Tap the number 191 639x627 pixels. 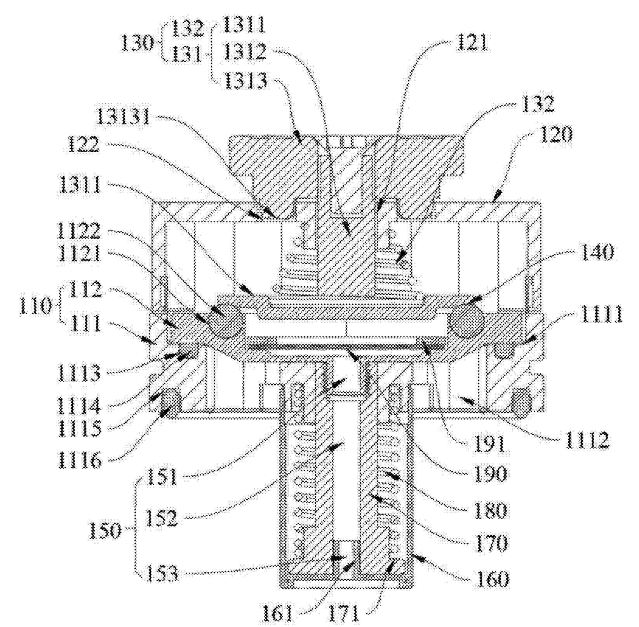pyautogui.click(x=488, y=443)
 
